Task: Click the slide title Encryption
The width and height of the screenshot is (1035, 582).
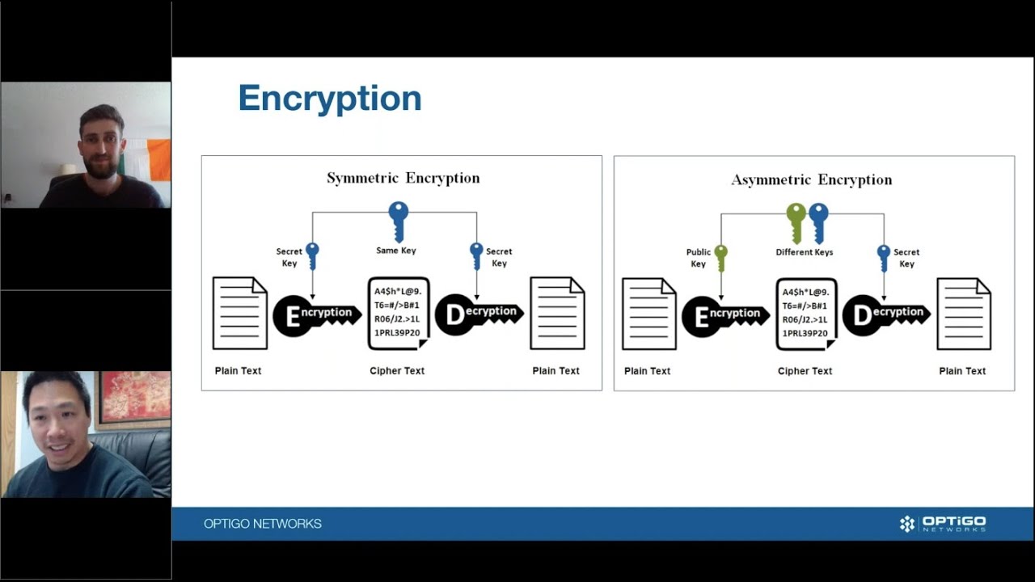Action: (x=329, y=99)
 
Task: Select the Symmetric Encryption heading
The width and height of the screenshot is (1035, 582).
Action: (x=403, y=178)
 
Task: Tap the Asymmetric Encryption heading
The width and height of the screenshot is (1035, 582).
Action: (x=811, y=179)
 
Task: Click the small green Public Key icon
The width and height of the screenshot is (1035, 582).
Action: (x=721, y=257)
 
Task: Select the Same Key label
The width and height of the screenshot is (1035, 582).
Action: (x=396, y=251)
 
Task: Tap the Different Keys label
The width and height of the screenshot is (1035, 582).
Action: (x=804, y=252)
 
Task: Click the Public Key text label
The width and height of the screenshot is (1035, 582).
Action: (x=698, y=258)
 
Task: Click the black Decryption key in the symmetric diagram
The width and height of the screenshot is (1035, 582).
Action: (x=476, y=314)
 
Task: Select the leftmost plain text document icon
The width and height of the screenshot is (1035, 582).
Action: (x=239, y=313)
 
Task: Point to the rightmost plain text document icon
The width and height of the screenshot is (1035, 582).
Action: (x=963, y=314)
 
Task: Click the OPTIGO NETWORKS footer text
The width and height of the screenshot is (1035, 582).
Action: (x=263, y=524)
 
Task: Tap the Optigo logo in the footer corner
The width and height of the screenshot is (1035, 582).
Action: (x=943, y=524)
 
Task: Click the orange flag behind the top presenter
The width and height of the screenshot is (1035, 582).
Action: (x=158, y=160)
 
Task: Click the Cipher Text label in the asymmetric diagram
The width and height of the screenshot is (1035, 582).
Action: (x=805, y=371)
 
